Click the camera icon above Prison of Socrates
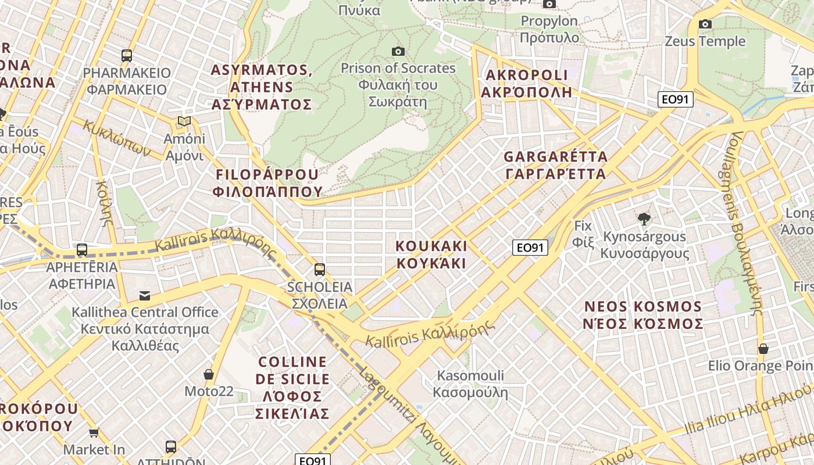[398, 51]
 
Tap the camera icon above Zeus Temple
[705, 24]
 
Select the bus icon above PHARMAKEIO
[127, 56]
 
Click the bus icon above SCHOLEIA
[320, 269]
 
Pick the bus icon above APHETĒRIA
[82, 250]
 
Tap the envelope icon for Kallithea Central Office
[145, 295]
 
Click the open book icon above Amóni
[184, 121]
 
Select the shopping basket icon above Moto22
[209, 374]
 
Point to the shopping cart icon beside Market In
[94, 432]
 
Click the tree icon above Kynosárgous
[644, 219]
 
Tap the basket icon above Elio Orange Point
[763, 349]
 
